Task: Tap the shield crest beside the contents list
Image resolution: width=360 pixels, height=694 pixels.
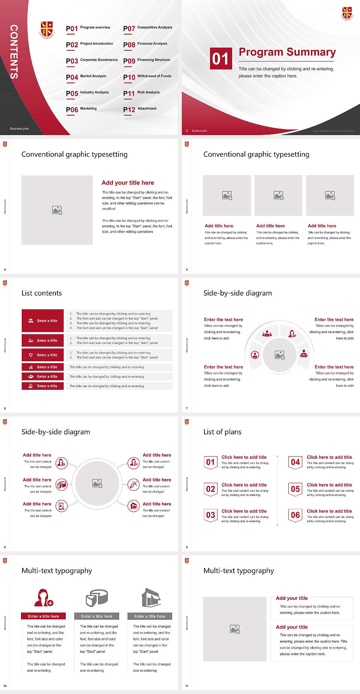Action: pos(47,30)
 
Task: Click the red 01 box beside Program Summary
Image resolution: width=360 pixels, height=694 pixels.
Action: pos(220,59)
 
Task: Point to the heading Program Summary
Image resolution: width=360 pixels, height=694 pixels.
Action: pos(287,52)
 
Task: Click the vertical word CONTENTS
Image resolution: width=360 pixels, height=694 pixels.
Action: pos(14,52)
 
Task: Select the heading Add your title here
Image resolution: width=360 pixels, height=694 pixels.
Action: pos(127,183)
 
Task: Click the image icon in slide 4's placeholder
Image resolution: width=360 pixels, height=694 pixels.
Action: pos(57,210)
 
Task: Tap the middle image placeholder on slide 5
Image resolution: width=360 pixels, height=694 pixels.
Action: pos(278,195)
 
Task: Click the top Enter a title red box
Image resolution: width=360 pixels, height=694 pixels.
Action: pos(43,321)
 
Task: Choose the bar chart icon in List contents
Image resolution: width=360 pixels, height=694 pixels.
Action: pos(31,367)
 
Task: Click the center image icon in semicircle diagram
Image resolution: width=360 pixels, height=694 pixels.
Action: pos(280,355)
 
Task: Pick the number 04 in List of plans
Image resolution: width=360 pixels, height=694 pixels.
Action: pos(295,462)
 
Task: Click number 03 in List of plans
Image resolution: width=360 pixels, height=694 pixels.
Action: pos(211,515)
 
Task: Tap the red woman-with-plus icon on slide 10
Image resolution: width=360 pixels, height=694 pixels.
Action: pos(43,598)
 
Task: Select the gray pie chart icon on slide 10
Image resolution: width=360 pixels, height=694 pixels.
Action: pos(97,598)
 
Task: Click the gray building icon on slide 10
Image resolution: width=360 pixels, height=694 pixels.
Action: pos(151,598)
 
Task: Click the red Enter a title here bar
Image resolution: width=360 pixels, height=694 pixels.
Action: pos(43,616)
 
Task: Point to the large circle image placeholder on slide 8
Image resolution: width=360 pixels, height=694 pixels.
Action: pos(97,484)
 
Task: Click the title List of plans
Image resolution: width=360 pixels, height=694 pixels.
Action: pos(222,432)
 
